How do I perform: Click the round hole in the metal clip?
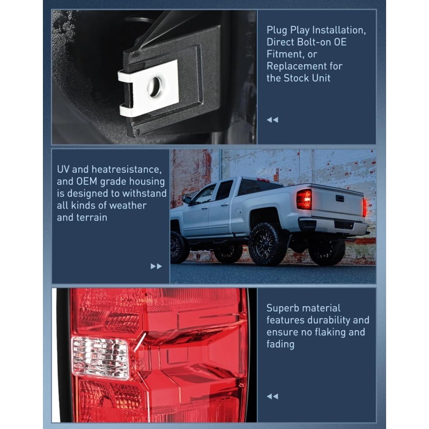click(x=155, y=86)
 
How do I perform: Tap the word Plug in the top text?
click(x=277, y=29)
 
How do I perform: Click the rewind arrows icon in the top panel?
click(x=272, y=120)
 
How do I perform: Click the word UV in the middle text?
click(x=64, y=169)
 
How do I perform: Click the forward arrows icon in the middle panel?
click(x=156, y=266)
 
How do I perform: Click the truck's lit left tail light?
click(x=304, y=199)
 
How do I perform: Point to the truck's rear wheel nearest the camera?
click(x=266, y=243)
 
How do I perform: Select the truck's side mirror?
click(x=187, y=200)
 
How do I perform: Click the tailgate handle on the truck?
click(x=340, y=198)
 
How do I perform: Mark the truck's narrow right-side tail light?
click(x=365, y=207)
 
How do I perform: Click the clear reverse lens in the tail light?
click(x=101, y=358)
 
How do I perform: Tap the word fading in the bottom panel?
click(x=280, y=344)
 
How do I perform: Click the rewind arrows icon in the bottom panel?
click(x=272, y=396)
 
